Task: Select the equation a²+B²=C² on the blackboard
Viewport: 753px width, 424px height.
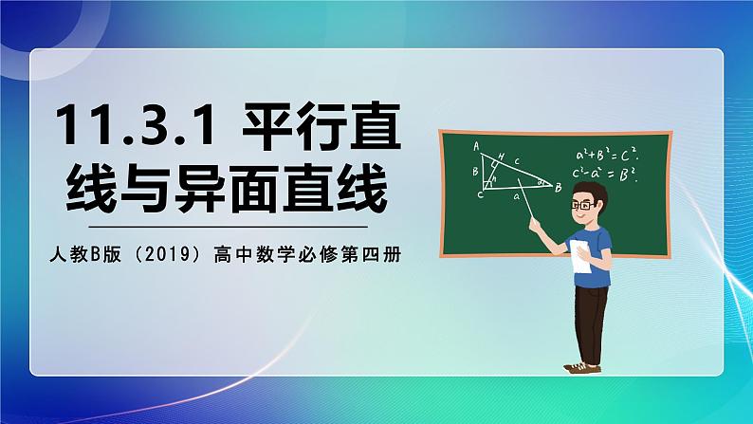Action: point(607,155)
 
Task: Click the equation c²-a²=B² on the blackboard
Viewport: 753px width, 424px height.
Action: point(607,174)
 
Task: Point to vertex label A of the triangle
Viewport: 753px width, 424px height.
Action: point(476,145)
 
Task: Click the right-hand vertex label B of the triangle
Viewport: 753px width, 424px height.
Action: point(560,188)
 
